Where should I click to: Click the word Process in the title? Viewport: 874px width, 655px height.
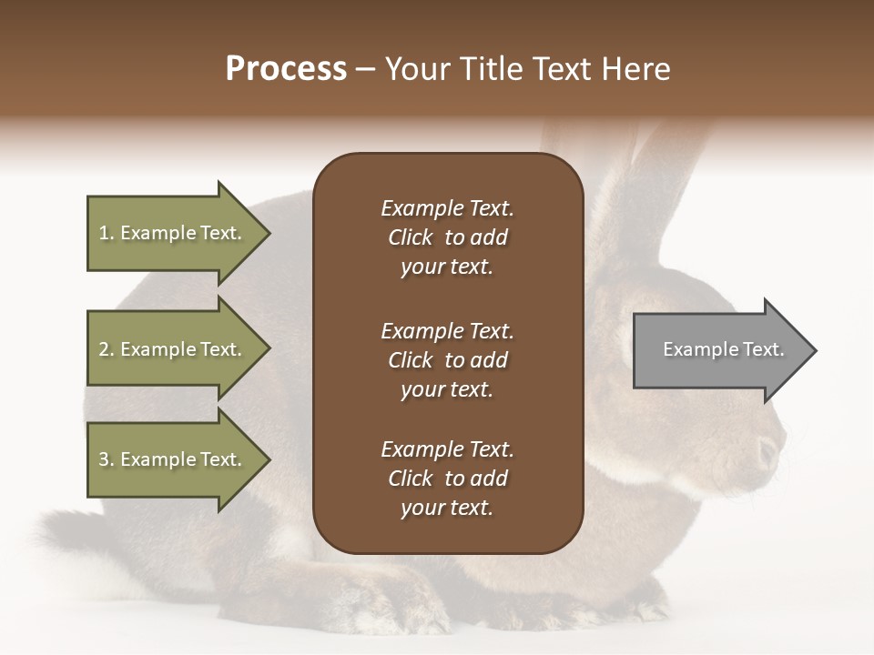(286, 69)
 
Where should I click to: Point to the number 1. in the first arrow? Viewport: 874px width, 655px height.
(107, 233)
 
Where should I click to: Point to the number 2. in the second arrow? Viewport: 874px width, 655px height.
(107, 349)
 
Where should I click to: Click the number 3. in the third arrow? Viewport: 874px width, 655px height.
(107, 459)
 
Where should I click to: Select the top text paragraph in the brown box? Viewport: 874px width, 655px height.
(447, 237)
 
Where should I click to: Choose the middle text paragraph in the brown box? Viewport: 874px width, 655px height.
(447, 360)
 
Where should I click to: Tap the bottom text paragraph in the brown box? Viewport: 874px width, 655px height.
(447, 479)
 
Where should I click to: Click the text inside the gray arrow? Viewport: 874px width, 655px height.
(724, 349)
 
